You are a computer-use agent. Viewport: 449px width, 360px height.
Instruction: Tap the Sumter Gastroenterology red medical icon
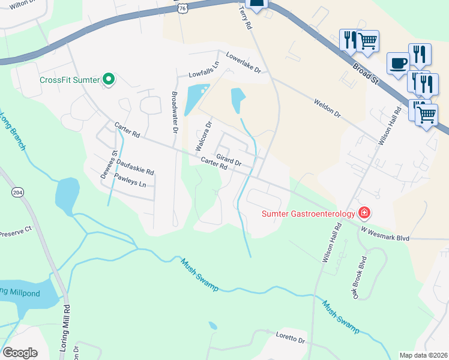(x=364, y=212)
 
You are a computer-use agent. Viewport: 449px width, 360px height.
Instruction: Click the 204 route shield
(x=17, y=192)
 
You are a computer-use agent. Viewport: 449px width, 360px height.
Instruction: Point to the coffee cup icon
(x=399, y=63)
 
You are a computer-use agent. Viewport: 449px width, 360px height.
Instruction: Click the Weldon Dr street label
(x=327, y=108)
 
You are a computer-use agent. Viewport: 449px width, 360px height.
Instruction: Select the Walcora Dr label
(x=202, y=136)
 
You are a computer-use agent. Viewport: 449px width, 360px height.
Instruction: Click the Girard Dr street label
(x=229, y=160)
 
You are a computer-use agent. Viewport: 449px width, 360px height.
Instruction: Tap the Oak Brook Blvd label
(x=359, y=278)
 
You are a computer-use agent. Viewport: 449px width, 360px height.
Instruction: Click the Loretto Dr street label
(x=291, y=338)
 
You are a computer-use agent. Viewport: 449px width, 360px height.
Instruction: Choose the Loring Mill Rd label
(x=67, y=324)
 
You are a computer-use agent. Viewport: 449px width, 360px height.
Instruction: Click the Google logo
(x=20, y=353)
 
